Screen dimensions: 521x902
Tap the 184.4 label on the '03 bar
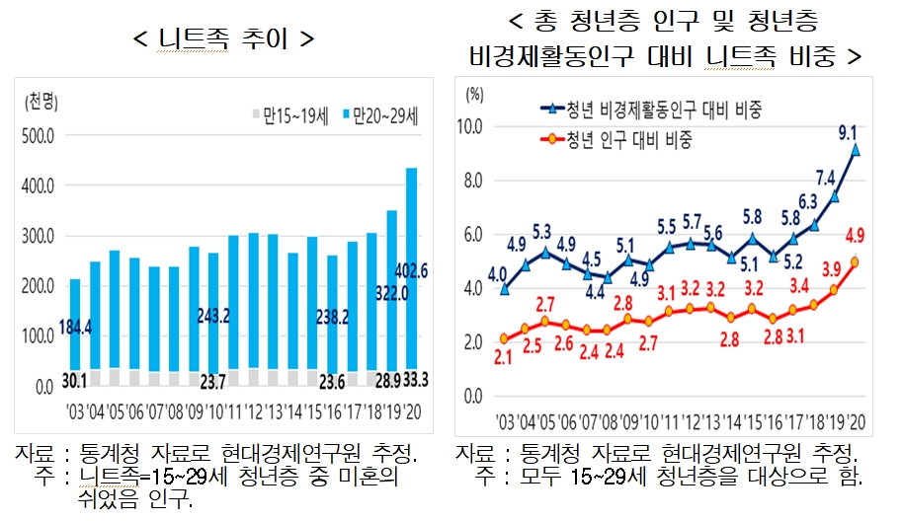tap(76, 327)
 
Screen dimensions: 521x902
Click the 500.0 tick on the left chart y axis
tap(37, 135)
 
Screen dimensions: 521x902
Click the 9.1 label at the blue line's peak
tap(847, 130)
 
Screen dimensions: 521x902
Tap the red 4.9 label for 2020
tap(857, 234)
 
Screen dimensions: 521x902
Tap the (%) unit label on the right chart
tap(475, 95)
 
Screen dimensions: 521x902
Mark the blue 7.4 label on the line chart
tap(826, 178)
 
